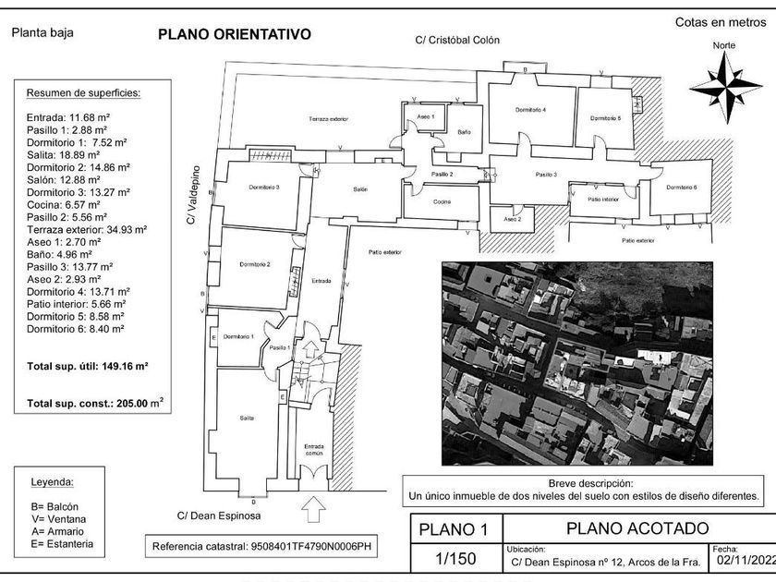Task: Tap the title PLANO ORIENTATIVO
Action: (x=235, y=35)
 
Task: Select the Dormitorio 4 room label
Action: (x=530, y=111)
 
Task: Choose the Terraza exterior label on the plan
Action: (x=328, y=120)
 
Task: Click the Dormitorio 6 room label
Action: (x=681, y=188)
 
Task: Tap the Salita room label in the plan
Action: (x=247, y=418)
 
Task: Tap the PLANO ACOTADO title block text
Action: (x=637, y=528)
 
